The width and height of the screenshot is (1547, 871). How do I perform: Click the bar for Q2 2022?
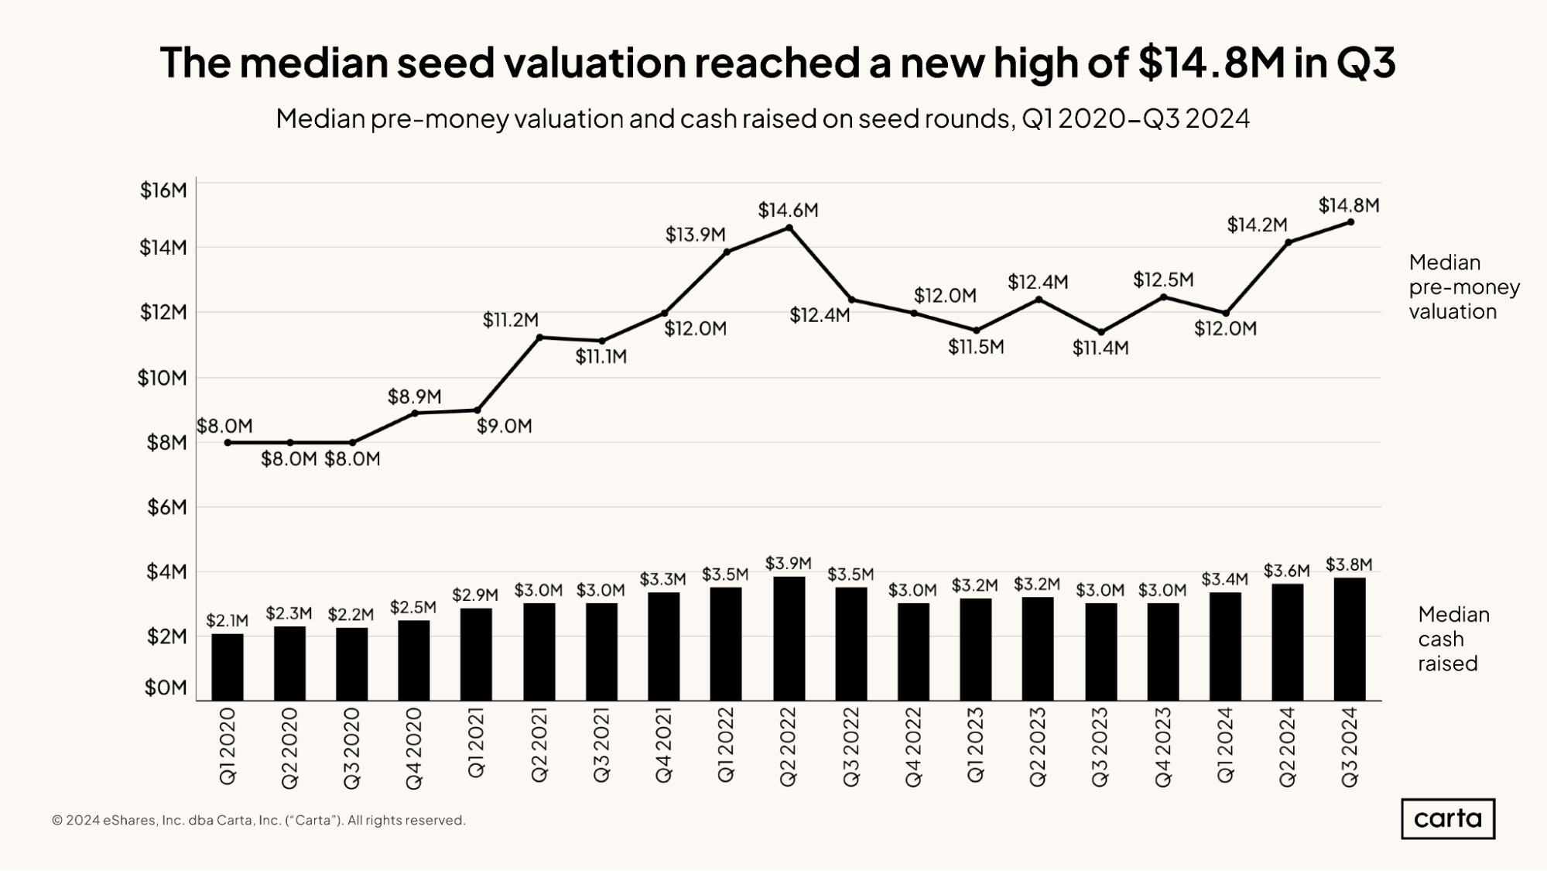[x=789, y=638]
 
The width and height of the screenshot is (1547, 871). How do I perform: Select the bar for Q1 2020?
[x=228, y=667]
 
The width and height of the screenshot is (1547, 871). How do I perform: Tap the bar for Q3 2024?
[x=1350, y=639]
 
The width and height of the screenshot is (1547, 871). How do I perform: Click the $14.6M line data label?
[x=788, y=210]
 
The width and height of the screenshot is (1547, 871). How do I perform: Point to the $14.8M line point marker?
[x=1350, y=222]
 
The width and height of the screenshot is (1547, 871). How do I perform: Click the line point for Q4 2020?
[x=415, y=413]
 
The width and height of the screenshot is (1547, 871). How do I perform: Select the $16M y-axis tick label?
[x=163, y=190]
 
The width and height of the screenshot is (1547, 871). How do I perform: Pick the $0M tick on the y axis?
[x=166, y=688]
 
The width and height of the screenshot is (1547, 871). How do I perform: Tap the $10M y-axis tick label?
[x=163, y=378]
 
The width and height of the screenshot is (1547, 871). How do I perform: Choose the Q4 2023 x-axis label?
[x=1163, y=746]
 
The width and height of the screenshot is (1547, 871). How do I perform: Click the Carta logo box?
[x=1447, y=818]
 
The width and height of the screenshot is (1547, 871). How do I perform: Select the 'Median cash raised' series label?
[x=1453, y=639]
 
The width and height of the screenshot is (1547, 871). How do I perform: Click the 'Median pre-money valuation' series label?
[x=1463, y=286]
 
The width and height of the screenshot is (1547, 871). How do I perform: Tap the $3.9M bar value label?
[x=788, y=564]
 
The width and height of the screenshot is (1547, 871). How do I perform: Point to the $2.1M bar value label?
[x=227, y=620]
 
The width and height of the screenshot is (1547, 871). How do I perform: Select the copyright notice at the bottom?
[x=258, y=820]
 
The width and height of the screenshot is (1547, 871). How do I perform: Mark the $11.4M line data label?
[x=1100, y=348]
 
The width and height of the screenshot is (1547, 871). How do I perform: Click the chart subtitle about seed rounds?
[x=762, y=118]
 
